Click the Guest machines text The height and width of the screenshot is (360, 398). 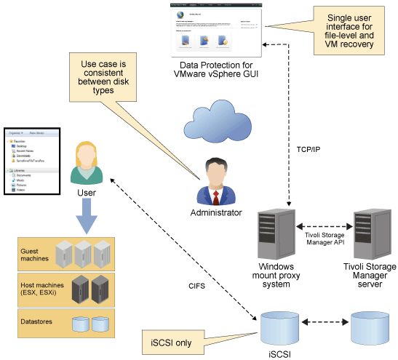point(34,253)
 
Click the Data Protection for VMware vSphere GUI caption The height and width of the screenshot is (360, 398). point(217,70)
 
